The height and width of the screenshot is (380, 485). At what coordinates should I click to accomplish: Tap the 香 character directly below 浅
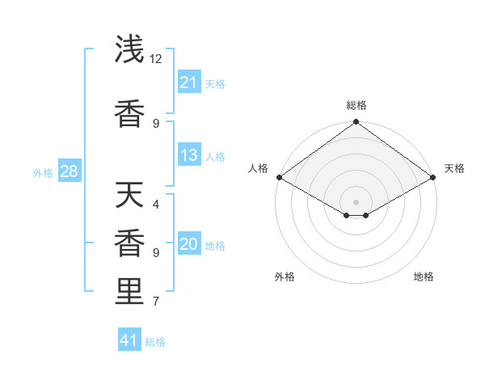click(130, 114)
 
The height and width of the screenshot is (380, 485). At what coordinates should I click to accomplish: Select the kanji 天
click(130, 195)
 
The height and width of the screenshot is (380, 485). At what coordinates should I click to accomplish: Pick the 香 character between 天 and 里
click(130, 243)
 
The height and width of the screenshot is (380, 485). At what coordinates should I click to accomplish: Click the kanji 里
click(130, 292)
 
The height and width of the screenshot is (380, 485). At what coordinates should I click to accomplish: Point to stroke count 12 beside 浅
click(156, 59)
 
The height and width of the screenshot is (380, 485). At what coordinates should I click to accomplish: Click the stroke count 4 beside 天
click(156, 205)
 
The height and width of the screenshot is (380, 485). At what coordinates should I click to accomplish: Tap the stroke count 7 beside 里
click(156, 302)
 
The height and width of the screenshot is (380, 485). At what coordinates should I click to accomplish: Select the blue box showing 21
click(189, 82)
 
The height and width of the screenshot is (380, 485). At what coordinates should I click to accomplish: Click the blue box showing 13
click(189, 155)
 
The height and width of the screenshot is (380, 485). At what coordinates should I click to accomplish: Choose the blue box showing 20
click(189, 245)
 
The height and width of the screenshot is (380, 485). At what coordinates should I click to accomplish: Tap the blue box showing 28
click(69, 171)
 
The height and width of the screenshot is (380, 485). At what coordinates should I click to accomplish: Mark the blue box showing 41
click(129, 340)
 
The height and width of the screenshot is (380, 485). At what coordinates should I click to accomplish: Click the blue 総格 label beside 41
click(155, 342)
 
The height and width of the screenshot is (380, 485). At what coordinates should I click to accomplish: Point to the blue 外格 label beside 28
click(43, 173)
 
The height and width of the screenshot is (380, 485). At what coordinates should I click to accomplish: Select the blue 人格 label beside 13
click(215, 157)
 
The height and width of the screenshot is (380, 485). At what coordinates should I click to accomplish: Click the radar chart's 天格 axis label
click(454, 168)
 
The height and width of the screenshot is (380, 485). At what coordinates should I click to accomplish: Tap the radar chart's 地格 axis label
click(424, 277)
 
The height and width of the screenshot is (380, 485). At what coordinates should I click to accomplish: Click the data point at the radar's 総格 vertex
click(356, 122)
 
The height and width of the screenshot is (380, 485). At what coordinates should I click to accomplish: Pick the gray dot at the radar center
click(356, 201)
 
